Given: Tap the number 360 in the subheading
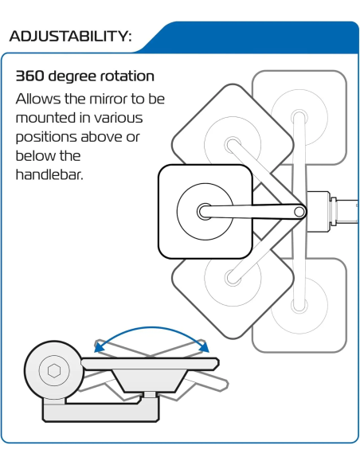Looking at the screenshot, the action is tap(29, 76).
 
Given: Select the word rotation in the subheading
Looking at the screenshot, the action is tap(127, 76).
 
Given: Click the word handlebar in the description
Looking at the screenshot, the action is tap(49, 174).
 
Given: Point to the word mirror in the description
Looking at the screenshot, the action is tap(108, 99).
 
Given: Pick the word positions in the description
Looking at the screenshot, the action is tap(46, 138).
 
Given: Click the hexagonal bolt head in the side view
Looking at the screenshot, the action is tap(54, 370).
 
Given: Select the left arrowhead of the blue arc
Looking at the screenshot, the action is tap(100, 346).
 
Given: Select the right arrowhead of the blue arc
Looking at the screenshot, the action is tap(204, 346).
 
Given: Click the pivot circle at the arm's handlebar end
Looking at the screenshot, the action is tap(299, 212).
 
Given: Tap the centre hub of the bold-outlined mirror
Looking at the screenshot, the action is tap(205, 212).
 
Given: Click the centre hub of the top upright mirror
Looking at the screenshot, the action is tap(299, 117).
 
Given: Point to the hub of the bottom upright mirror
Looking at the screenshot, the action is tap(299, 305).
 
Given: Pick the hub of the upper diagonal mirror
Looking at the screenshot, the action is tap(233, 145).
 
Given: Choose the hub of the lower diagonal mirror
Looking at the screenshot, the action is tap(233, 278).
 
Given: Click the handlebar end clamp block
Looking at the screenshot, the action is tap(318, 212).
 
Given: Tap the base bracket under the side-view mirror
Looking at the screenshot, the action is tap(100, 409).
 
